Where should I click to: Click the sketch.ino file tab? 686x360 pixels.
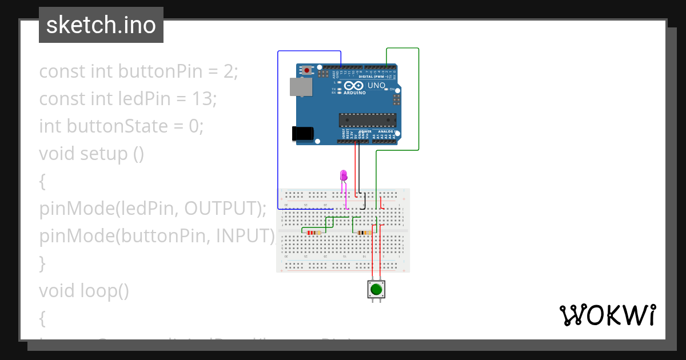pyautogui.click(x=101, y=25)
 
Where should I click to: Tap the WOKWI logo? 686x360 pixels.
pyautogui.click(x=607, y=315)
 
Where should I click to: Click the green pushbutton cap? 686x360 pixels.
pyautogui.click(x=376, y=290)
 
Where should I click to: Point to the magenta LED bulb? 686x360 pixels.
pyautogui.click(x=344, y=175)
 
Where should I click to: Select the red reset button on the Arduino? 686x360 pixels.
pyautogui.click(x=307, y=70)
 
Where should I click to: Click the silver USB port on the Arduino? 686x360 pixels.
pyautogui.click(x=301, y=87)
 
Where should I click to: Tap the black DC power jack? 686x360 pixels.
pyautogui.click(x=302, y=133)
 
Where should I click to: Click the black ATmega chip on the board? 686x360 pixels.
pyautogui.click(x=367, y=120)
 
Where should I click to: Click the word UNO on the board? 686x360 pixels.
pyautogui.click(x=376, y=86)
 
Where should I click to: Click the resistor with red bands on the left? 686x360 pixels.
pyautogui.click(x=312, y=233)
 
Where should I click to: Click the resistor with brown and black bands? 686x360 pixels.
pyautogui.click(x=364, y=233)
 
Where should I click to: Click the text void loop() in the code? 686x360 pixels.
pyautogui.click(x=83, y=291)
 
